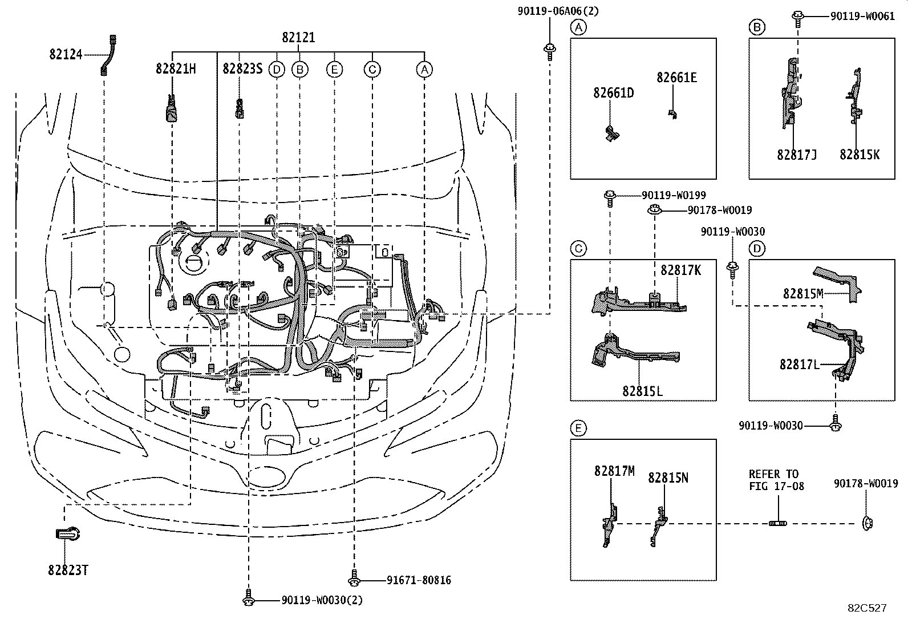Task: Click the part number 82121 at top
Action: point(298,38)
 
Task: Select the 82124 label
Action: point(66,55)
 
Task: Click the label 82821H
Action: point(176,69)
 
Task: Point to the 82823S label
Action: point(242,69)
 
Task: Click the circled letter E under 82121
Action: point(334,70)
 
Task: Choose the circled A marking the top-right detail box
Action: point(578,27)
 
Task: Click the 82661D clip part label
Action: point(614,93)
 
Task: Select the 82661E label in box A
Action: point(676,78)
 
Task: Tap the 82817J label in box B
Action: point(797,155)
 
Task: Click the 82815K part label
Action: point(860,155)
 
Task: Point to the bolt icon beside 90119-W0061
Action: point(798,16)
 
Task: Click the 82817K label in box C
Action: point(681,270)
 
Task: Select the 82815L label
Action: point(642,391)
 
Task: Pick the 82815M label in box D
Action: point(803,293)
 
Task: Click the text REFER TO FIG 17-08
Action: point(776,480)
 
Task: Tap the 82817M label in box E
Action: point(614,471)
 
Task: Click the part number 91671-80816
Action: point(418,580)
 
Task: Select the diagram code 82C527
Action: point(866,608)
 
